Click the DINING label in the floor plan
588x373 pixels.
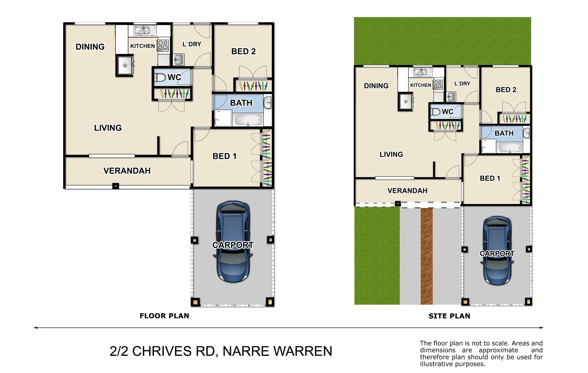(90, 47)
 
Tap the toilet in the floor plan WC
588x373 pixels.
(160, 77)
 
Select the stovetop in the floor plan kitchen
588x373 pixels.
(163, 45)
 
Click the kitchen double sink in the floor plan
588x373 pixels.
(142, 30)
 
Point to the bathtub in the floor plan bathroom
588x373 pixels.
(248, 120)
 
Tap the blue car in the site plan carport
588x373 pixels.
(497, 250)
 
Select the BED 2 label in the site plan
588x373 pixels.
(506, 89)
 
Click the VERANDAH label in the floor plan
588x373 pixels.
(127, 171)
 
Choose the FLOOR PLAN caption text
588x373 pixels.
(164, 316)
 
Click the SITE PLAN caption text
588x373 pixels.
(449, 316)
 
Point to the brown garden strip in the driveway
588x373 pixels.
(426, 256)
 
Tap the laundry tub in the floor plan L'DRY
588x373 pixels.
(178, 59)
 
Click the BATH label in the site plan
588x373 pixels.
(504, 133)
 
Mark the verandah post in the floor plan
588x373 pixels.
(116, 186)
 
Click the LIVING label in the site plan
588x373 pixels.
(391, 154)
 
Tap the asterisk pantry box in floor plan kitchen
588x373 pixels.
(125, 65)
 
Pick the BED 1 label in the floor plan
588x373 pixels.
(224, 156)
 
